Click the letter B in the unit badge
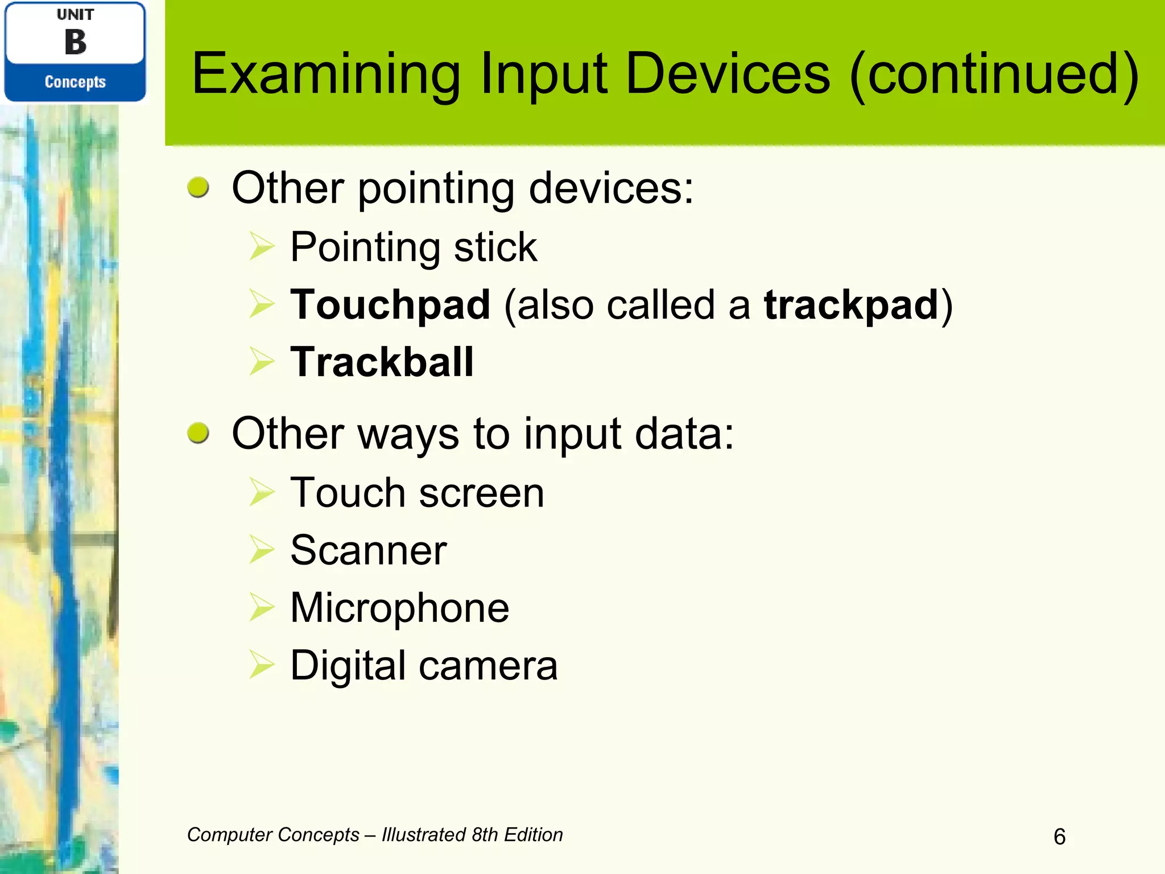click(75, 43)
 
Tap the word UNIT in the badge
click(75, 15)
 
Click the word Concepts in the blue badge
click(75, 82)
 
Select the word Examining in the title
click(326, 74)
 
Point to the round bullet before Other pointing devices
click(198, 187)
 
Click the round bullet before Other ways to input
click(198, 433)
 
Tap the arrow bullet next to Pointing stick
click(262, 248)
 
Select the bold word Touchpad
click(390, 305)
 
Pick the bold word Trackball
click(382, 362)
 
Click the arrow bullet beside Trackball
click(262, 362)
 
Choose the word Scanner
click(369, 550)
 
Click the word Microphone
click(399, 608)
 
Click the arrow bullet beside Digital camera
click(262, 666)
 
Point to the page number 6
click(1059, 836)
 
